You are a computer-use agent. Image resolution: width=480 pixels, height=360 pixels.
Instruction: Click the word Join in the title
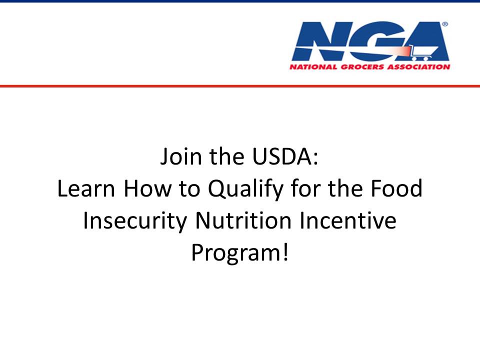[x=181, y=156]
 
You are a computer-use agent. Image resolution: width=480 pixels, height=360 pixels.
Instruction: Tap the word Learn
[x=86, y=188]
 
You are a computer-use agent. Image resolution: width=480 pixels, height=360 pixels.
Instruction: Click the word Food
[x=396, y=188]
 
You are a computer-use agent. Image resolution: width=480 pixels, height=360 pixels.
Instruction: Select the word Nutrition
[x=243, y=220]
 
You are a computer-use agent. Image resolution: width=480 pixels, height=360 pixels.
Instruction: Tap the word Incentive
[x=348, y=220]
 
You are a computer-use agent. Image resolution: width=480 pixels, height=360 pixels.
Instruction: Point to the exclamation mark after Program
[x=285, y=252]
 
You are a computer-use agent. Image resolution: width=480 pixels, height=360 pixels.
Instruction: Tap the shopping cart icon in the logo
[x=424, y=52]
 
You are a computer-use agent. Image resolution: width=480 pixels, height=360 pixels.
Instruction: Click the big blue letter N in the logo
[x=319, y=40]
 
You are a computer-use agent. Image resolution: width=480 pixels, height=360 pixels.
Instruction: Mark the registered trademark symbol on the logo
[x=445, y=24]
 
